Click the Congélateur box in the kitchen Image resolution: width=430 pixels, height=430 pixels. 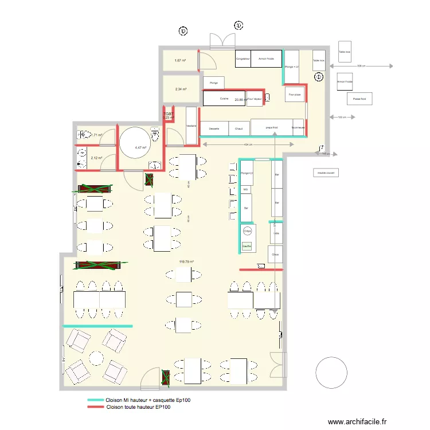(x=243, y=58)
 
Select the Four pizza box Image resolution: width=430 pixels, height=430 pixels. (x=295, y=95)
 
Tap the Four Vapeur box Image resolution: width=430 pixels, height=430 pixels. (x=255, y=99)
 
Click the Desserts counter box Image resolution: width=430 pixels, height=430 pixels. (x=214, y=128)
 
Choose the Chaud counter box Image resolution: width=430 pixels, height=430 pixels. (x=239, y=128)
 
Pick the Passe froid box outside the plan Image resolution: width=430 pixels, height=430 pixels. (x=359, y=99)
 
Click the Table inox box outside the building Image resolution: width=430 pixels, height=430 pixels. (x=344, y=52)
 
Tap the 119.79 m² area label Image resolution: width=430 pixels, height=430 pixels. (x=186, y=261)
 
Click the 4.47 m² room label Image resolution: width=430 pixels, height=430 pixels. (x=140, y=147)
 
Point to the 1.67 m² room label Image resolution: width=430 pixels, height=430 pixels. (x=180, y=60)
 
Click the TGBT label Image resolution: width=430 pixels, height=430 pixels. (x=169, y=114)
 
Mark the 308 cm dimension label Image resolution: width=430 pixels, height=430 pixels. (x=360, y=66)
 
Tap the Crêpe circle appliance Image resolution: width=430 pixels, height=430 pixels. (x=247, y=231)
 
